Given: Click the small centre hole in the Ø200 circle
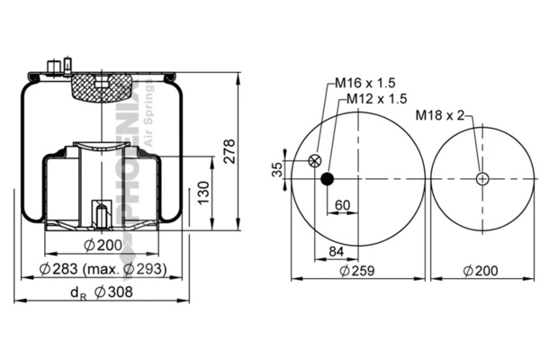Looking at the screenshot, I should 483,178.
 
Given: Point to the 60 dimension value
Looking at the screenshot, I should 342,204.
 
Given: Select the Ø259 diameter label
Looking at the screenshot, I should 358,270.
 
